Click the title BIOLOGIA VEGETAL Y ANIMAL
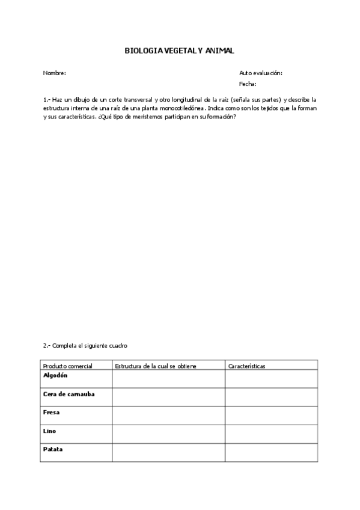(179, 52)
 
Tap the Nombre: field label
(54, 73)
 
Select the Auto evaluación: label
(261, 73)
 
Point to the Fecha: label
(248, 84)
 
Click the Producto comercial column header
(67, 366)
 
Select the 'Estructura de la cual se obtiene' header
(156, 366)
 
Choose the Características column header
(247, 366)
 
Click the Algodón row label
(55, 375)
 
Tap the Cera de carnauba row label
(69, 394)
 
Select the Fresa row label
(52, 413)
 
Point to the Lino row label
(50, 431)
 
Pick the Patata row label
(53, 449)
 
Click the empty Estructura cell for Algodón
(168, 379)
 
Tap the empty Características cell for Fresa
(271, 416)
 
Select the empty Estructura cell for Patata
(168, 453)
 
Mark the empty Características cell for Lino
(271, 434)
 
